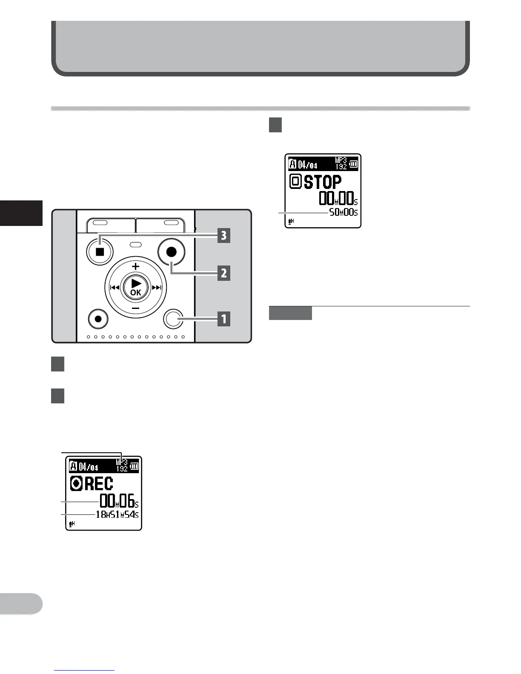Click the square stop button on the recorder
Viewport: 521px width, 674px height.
point(100,251)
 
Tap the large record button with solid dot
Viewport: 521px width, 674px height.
point(171,251)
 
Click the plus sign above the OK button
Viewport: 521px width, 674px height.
point(135,267)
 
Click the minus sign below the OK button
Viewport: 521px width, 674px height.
point(135,307)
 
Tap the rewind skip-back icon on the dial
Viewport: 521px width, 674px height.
point(114,288)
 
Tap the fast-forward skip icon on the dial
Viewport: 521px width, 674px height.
point(157,288)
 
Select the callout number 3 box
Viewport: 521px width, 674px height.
point(224,235)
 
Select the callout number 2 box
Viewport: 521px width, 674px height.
point(224,273)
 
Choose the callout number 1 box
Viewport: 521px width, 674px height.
point(224,318)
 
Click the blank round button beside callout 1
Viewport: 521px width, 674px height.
point(173,319)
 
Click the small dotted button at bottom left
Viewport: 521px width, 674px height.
point(99,319)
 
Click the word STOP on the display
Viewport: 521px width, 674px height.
point(323,182)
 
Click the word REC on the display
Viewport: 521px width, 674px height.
point(99,484)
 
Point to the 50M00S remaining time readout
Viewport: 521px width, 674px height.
point(344,212)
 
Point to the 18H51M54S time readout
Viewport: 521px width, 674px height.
point(117,514)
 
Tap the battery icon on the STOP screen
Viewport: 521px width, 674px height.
point(353,163)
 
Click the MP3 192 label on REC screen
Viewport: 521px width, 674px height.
point(122,466)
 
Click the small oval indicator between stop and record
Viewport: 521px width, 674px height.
point(135,245)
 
